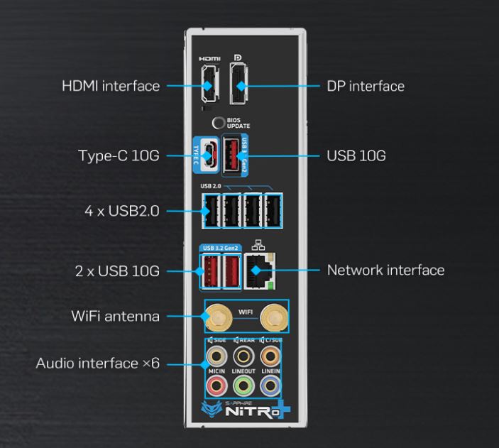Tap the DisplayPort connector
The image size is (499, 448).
click(241, 86)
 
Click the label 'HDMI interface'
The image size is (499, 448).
click(111, 87)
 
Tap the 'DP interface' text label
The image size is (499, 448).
click(365, 87)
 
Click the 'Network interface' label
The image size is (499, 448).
click(385, 271)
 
